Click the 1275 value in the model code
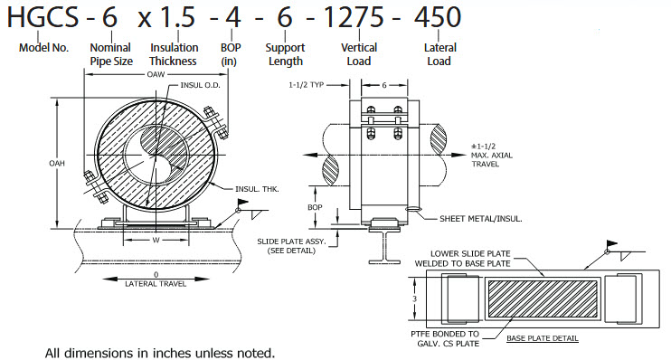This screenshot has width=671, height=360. (x=354, y=17)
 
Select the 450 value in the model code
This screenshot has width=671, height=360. (x=438, y=17)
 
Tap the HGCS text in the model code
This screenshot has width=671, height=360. (x=43, y=17)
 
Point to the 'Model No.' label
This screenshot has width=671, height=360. (x=43, y=48)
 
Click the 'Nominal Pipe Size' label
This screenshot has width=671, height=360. (x=111, y=54)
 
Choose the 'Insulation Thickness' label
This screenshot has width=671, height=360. (x=174, y=54)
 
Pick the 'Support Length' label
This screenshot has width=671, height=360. (x=285, y=54)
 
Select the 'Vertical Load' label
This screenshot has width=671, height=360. (x=359, y=54)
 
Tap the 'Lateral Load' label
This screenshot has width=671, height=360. (x=439, y=54)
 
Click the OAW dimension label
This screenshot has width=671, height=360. (x=156, y=74)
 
